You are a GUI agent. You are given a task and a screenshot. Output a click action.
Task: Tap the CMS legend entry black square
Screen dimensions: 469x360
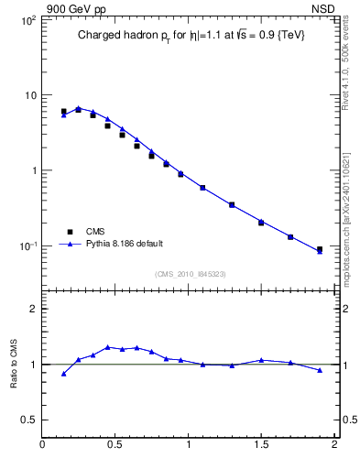[x=65, y=231]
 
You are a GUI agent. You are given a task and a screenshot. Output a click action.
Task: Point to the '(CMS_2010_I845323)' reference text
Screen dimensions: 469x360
[x=190, y=274]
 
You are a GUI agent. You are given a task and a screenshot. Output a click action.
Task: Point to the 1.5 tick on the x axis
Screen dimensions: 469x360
[x=261, y=446]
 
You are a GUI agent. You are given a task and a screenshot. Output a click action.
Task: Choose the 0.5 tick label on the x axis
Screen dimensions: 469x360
[x=115, y=446]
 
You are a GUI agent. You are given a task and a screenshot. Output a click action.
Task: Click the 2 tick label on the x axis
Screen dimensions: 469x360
[x=334, y=446]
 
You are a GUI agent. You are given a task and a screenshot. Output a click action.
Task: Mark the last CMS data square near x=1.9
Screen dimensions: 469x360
[x=320, y=249]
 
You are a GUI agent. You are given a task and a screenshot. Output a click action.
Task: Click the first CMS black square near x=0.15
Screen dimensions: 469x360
[x=63, y=112]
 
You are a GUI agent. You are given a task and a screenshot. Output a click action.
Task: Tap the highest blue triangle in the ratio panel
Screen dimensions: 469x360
[x=107, y=347]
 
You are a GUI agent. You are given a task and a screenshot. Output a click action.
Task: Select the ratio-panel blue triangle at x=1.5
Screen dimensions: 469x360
[x=261, y=360]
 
